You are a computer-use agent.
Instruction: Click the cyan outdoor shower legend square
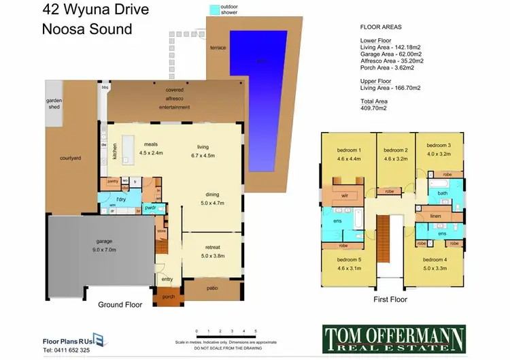point(215,10)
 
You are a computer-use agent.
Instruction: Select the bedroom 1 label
point(349,150)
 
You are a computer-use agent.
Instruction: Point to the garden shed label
point(54,101)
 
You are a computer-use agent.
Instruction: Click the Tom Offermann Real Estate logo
point(393,338)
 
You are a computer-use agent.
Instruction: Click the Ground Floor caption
point(120,305)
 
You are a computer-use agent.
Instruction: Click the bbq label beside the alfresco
point(105,87)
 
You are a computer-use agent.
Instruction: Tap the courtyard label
point(70,158)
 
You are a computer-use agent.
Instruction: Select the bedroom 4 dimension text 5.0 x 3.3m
point(435,268)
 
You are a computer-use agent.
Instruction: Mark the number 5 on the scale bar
point(256,331)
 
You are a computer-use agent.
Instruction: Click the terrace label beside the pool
point(218,48)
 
